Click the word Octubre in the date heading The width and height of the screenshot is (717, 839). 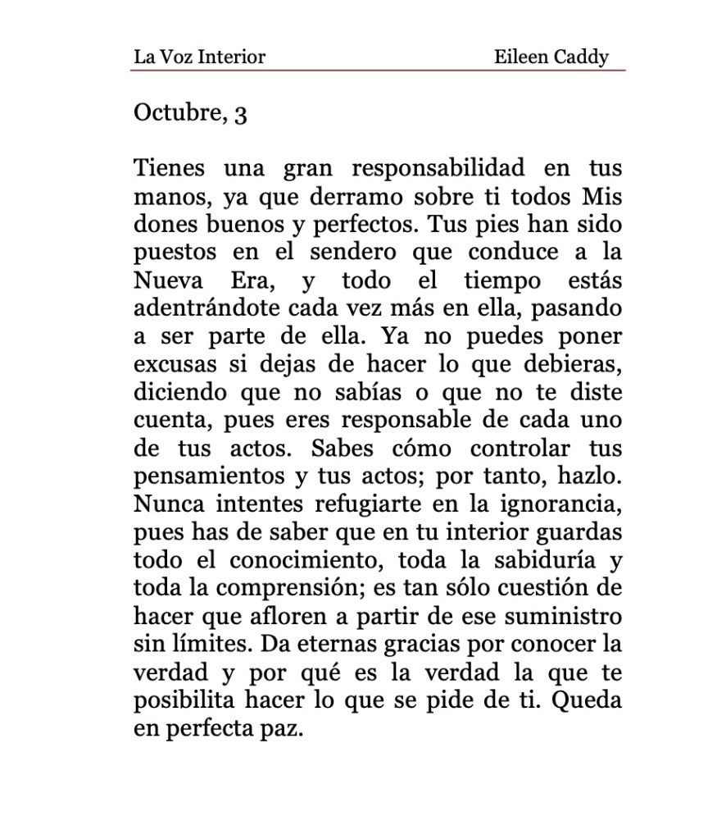[175, 112]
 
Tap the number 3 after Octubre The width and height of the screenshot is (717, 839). [240, 114]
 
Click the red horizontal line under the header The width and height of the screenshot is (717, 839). [377, 71]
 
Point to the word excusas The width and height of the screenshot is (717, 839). [175, 365]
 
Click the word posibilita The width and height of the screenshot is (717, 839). [184, 700]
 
